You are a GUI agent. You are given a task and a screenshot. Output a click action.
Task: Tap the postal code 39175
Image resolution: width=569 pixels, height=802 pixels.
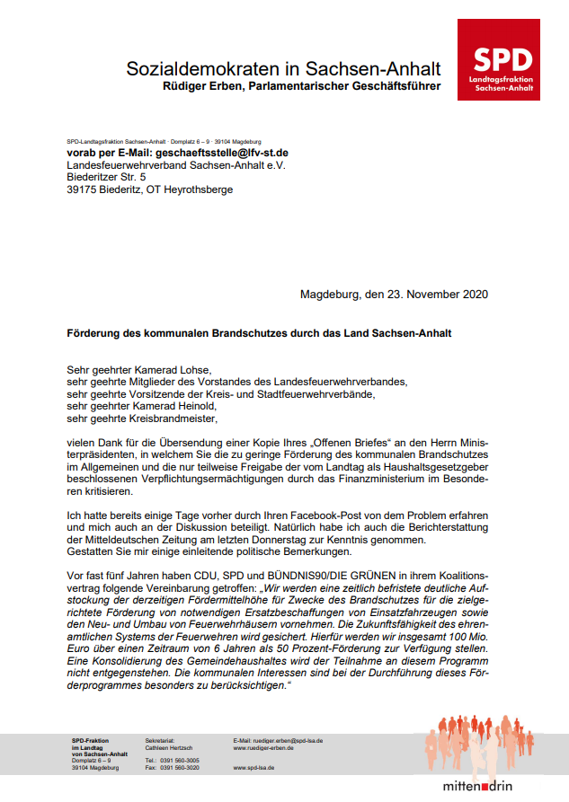pos(83,189)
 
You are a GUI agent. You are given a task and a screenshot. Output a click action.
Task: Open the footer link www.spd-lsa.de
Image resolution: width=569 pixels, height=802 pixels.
pos(253,769)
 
